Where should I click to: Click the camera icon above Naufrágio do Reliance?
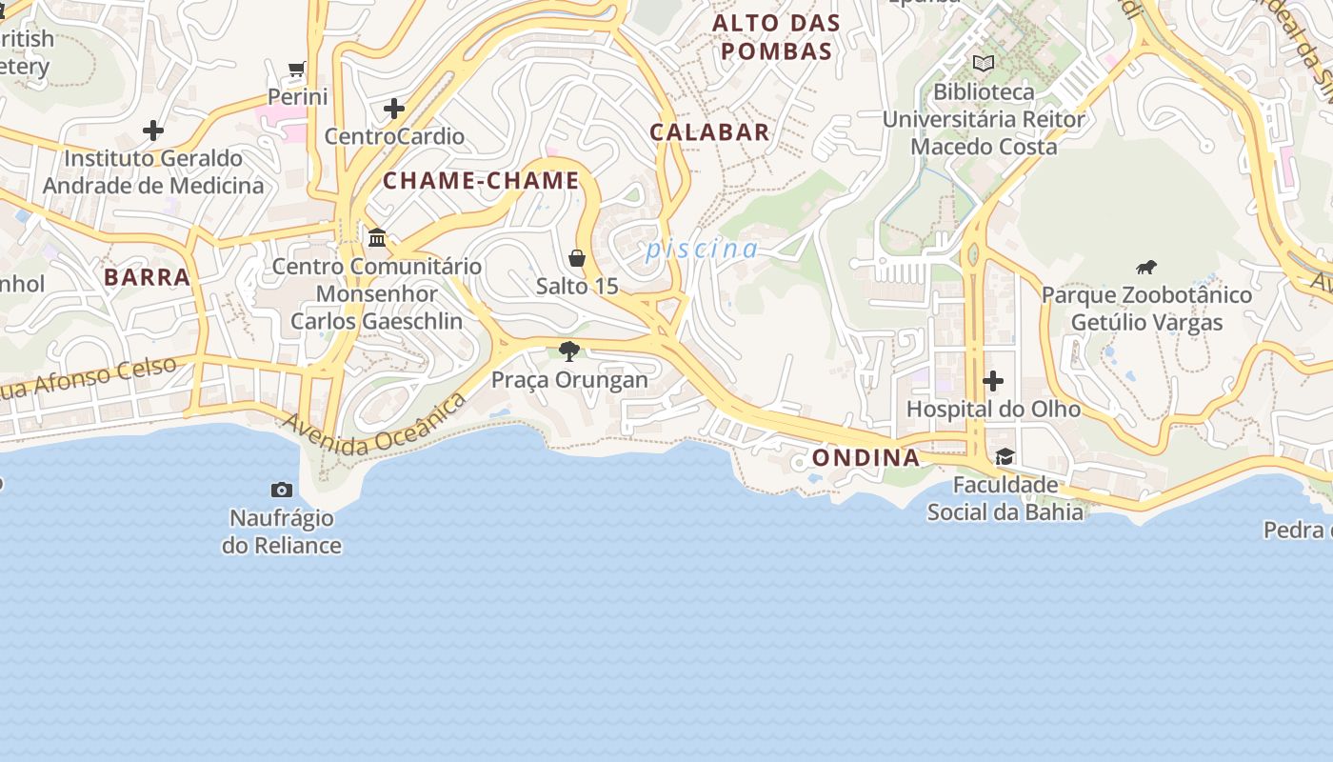(x=282, y=490)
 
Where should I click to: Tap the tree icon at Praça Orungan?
(x=569, y=351)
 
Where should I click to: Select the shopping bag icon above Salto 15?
(x=577, y=258)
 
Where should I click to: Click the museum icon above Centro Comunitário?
(x=377, y=237)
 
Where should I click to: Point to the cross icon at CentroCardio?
(x=394, y=109)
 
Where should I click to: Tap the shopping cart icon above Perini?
(x=297, y=69)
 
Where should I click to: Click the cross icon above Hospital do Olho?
(x=993, y=381)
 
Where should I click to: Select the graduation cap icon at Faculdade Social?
(x=1005, y=456)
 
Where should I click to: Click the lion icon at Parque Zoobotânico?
(x=1146, y=267)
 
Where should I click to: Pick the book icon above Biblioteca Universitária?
(x=984, y=64)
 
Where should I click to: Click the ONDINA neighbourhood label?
(x=865, y=458)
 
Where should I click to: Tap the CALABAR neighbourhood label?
(x=709, y=132)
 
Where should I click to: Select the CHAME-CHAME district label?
(x=481, y=181)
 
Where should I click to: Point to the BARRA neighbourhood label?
(x=147, y=277)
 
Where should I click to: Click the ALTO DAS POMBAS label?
(x=777, y=37)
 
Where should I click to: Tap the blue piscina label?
(x=702, y=250)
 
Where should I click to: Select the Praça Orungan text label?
(x=569, y=380)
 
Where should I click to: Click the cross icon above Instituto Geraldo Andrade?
(x=153, y=130)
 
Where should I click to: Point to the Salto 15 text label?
(x=577, y=286)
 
